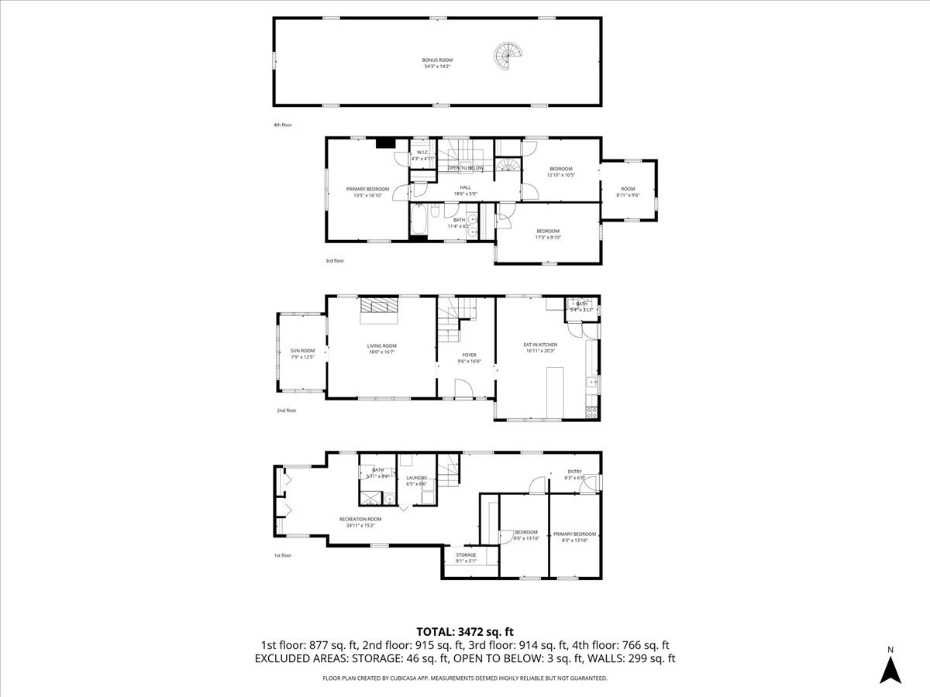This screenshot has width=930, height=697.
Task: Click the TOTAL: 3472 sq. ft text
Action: coord(465,631)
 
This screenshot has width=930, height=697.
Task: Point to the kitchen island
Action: coord(555,393)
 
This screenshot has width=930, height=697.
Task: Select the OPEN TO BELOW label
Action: coord(465,168)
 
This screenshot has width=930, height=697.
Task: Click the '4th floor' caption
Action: coord(282,125)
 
